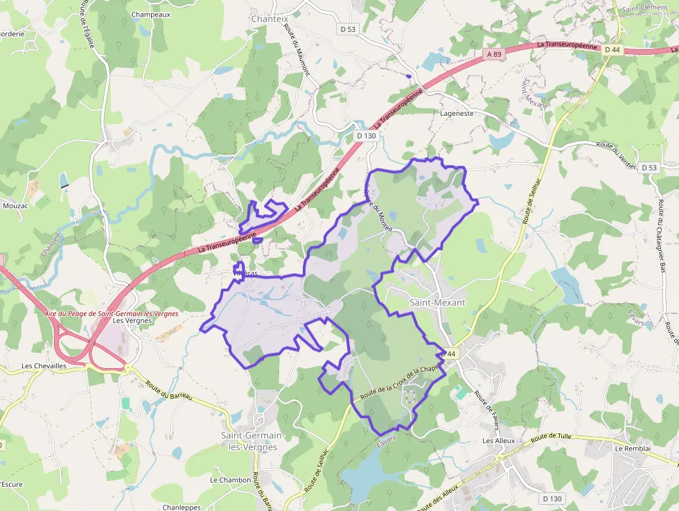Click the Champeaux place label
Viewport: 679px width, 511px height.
(x=151, y=14)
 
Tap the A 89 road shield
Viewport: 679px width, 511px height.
(x=494, y=53)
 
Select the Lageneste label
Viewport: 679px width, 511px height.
(x=457, y=112)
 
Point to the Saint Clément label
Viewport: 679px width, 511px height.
(x=644, y=8)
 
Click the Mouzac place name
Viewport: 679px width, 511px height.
(x=15, y=205)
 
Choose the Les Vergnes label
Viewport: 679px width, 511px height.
(x=132, y=320)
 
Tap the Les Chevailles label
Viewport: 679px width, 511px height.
(x=44, y=365)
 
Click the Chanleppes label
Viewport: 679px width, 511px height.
(x=182, y=507)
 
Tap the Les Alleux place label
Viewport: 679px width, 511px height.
(x=499, y=440)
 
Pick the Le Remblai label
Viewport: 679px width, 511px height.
(x=632, y=448)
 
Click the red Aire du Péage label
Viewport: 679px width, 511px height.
(x=111, y=313)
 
